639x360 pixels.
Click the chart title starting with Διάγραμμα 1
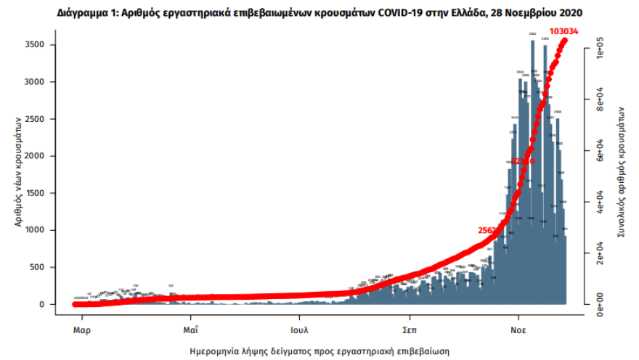coord(319,13)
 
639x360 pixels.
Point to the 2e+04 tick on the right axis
coord(601,254)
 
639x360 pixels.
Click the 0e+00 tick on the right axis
coord(601,304)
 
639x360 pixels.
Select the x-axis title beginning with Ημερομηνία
coord(319,351)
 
